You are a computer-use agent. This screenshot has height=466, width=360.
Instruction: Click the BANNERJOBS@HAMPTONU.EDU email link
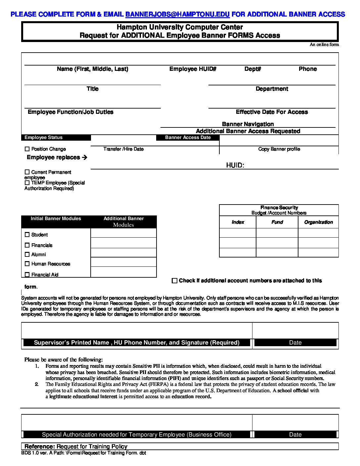(x=177, y=14)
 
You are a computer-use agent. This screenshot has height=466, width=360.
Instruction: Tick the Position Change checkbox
(x=27, y=149)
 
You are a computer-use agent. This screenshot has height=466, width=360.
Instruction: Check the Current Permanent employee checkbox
(x=27, y=172)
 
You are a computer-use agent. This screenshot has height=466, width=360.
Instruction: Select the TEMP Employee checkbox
(x=27, y=183)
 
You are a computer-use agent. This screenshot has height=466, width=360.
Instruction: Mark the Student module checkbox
(x=27, y=235)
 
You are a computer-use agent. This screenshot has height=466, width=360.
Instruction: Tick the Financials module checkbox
(x=27, y=245)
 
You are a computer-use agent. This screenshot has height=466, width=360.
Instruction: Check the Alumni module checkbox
(x=27, y=255)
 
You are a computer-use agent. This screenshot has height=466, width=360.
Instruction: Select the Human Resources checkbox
(x=27, y=264)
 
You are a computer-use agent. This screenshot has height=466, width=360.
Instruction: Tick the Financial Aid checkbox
(x=27, y=274)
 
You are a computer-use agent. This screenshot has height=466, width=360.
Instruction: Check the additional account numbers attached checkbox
(x=174, y=281)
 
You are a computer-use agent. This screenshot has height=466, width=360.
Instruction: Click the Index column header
(x=238, y=222)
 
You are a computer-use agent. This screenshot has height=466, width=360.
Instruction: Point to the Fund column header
(x=277, y=222)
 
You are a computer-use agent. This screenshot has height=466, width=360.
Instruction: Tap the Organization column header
(x=318, y=222)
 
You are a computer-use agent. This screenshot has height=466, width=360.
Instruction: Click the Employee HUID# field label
(x=193, y=69)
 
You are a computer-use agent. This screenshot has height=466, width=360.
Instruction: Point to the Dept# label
(x=253, y=69)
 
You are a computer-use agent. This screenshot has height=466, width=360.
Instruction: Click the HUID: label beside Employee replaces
(x=235, y=165)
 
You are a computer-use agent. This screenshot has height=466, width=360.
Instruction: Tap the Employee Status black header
(x=43, y=137)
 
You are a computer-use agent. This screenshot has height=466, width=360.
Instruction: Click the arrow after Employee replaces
(x=84, y=158)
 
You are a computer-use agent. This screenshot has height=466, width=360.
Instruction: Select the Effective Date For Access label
(x=272, y=112)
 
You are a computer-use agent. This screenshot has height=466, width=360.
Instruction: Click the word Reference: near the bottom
(x=40, y=446)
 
